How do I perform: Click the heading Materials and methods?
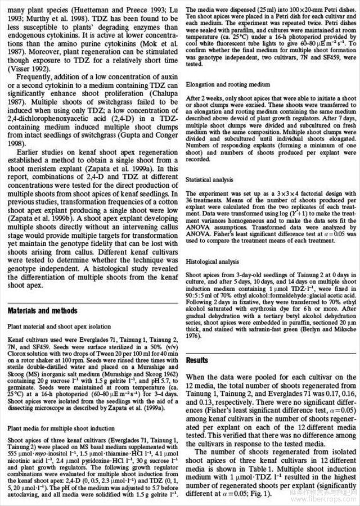(43, 311)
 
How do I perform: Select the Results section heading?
(197, 360)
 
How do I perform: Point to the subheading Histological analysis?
(212, 262)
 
